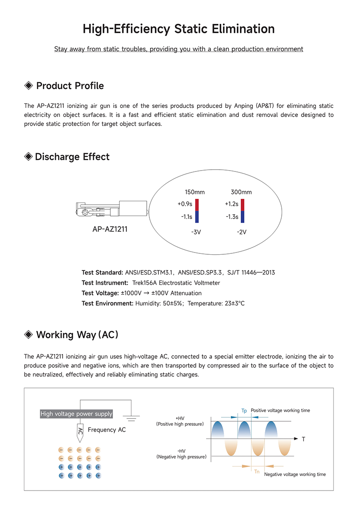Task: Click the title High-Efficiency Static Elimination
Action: pyautogui.click(x=179, y=29)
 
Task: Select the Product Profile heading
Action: pyautogui.click(x=70, y=86)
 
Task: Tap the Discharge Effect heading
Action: pyautogui.click(x=72, y=157)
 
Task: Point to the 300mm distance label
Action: pyautogui.click(x=241, y=192)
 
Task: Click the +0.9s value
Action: pyautogui.click(x=185, y=204)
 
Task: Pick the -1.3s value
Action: pyautogui.click(x=232, y=217)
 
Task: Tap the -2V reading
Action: pyautogui.click(x=242, y=232)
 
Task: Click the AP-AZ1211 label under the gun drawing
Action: pyautogui.click(x=110, y=229)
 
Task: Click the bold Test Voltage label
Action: pyautogui.click(x=100, y=293)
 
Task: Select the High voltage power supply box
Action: pyautogui.click(x=76, y=414)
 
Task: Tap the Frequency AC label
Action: pyautogui.click(x=107, y=430)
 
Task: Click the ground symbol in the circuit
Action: pyautogui.click(x=131, y=418)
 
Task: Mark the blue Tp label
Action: pyautogui.click(x=244, y=411)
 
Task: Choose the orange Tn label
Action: pyautogui.click(x=257, y=471)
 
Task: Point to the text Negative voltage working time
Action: pyautogui.click(x=295, y=474)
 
